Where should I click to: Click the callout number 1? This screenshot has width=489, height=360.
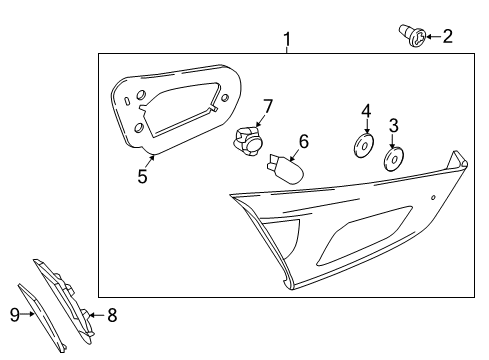[288, 40]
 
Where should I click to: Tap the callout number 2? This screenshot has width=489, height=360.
[447, 37]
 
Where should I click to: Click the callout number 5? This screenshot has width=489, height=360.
[142, 176]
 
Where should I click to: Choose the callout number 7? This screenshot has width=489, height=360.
[267, 105]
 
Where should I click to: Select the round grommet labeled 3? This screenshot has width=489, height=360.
[395, 158]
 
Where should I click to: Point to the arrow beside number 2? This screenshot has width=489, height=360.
[430, 38]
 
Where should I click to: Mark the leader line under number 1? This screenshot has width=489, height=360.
[288, 53]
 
